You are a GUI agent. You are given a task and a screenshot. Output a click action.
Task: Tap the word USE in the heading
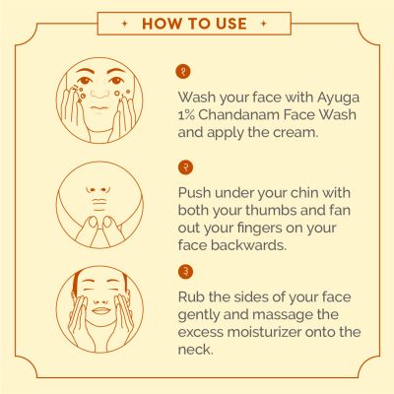pos(231,23)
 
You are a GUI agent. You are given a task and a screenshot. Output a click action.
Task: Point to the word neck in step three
pos(199,352)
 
